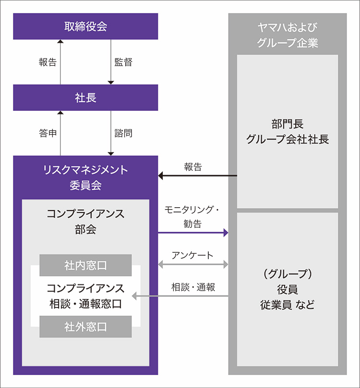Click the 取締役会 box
point(85,26)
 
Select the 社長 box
point(85,97)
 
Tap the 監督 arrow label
point(123,62)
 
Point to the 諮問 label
point(123,133)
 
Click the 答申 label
point(48,133)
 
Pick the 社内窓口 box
point(85,265)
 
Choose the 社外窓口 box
point(85,327)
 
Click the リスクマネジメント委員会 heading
point(85,177)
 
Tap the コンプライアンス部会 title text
point(85,221)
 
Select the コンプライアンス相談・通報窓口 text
point(85,296)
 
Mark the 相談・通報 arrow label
point(193,287)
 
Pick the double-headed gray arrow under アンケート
point(193,264)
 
